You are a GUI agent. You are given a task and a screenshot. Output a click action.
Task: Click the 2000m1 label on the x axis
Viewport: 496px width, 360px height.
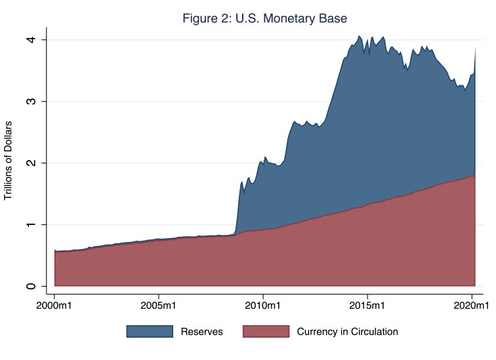(x=54, y=306)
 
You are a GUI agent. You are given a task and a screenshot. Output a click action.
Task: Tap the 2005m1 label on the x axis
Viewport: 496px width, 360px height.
(x=159, y=306)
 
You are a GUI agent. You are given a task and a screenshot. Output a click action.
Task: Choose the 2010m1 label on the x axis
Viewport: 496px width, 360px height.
(x=263, y=306)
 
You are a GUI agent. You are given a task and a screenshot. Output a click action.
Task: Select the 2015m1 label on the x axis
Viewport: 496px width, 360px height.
(x=367, y=306)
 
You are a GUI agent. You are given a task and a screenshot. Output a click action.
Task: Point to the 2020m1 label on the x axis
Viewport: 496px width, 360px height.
(x=472, y=306)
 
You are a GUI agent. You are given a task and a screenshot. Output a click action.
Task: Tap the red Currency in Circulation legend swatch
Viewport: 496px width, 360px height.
(x=266, y=332)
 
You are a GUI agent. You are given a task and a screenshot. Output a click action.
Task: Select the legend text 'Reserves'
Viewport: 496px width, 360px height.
(x=202, y=332)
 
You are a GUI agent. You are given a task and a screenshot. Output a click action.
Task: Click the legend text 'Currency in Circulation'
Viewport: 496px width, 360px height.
(x=348, y=332)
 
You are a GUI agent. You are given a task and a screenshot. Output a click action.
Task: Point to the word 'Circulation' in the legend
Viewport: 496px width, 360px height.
(x=374, y=332)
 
